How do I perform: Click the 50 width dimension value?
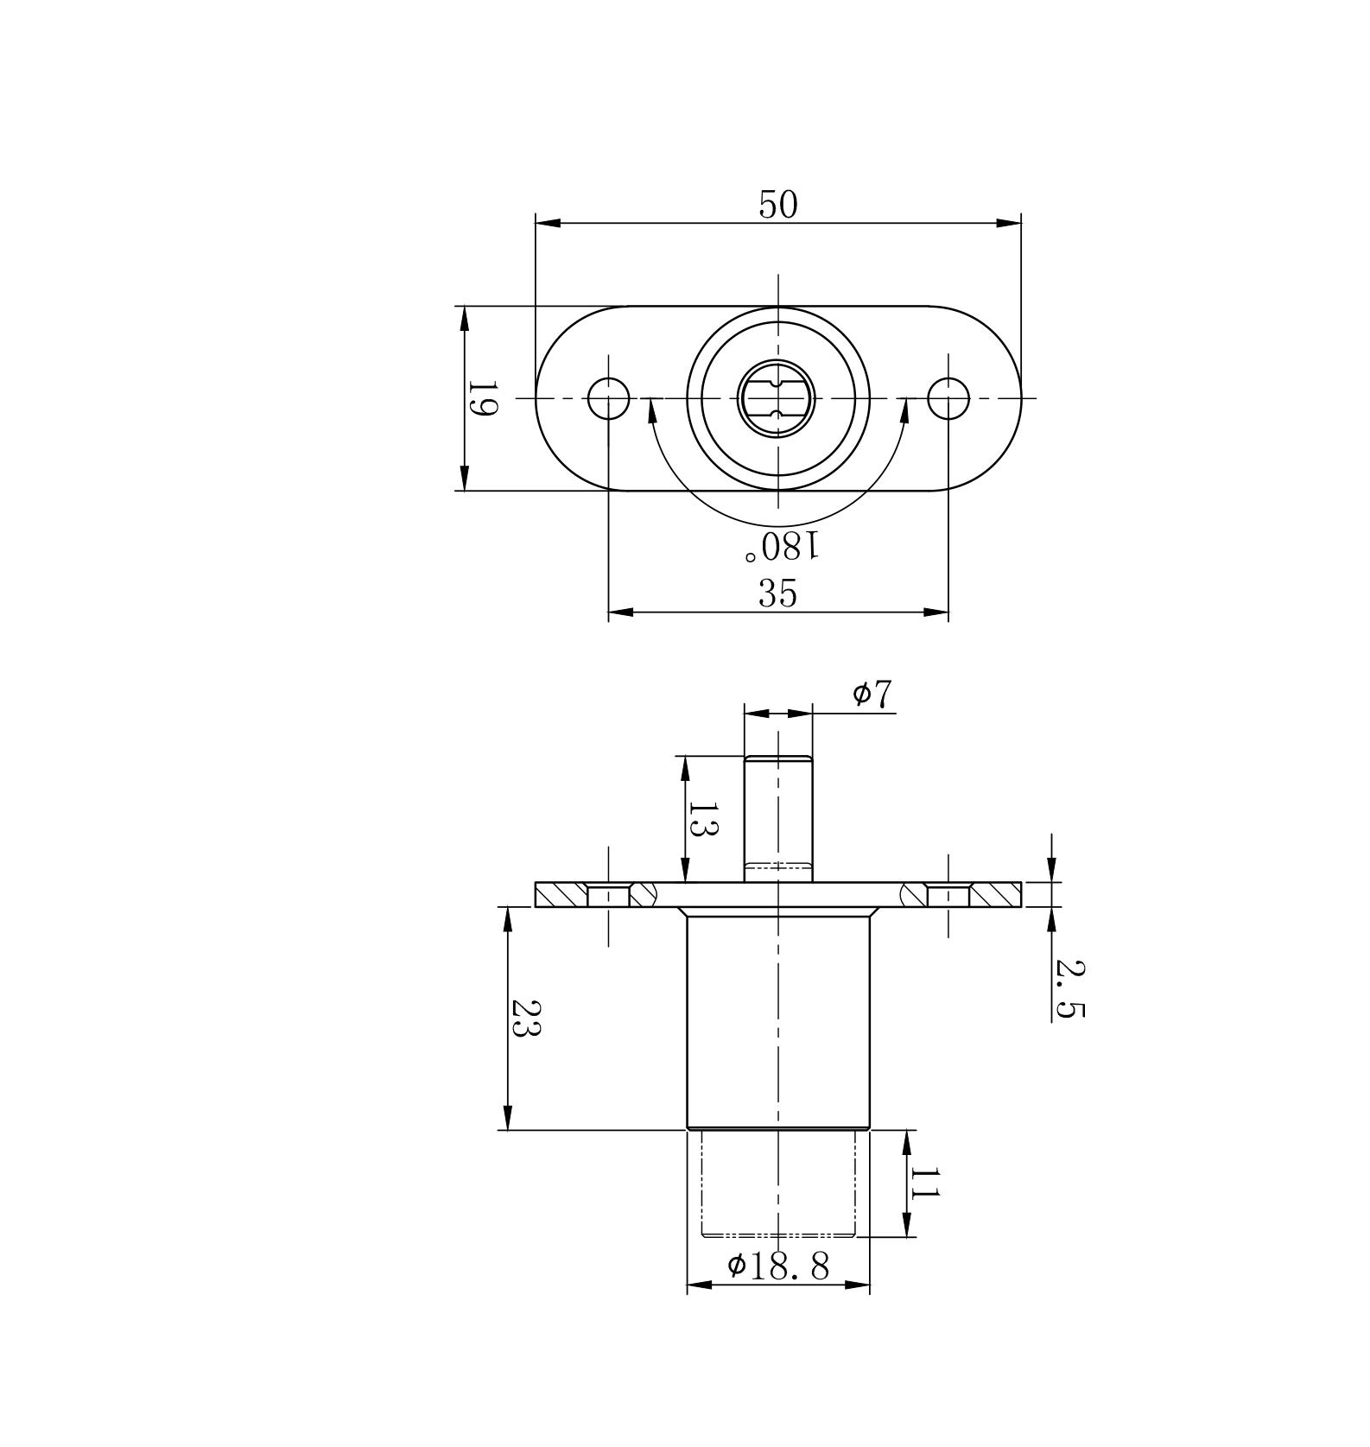pos(778,205)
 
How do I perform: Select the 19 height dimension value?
pos(482,398)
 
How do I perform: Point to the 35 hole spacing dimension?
pos(777,593)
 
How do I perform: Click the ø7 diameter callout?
pos(872,694)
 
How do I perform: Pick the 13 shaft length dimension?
pos(703,819)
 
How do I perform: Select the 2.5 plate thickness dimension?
pos(1069,989)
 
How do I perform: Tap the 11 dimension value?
pos(924,1183)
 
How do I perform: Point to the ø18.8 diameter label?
pos(778,1266)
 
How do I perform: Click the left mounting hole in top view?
pos(608,398)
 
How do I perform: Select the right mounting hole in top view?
pos(948,398)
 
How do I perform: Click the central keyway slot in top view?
pos(778,398)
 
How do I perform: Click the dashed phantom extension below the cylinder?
pos(778,1184)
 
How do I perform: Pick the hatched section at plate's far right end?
pos(995,895)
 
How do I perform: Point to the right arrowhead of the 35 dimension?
pos(936,612)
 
